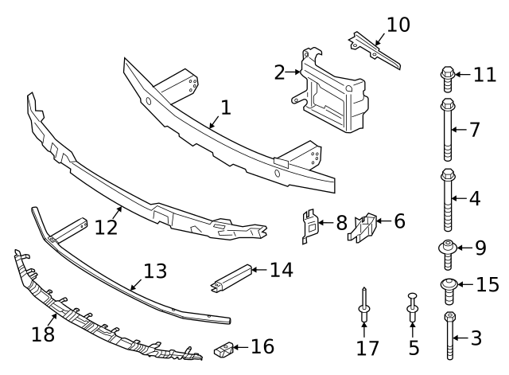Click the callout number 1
(226, 107)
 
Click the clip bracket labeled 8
(311, 225)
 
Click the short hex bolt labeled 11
(446, 77)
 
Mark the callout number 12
(105, 227)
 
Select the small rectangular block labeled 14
(231, 275)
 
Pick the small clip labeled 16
(225, 348)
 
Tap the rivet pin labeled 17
(363, 306)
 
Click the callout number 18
(43, 334)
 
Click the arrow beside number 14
(258, 270)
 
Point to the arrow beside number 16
(242, 347)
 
